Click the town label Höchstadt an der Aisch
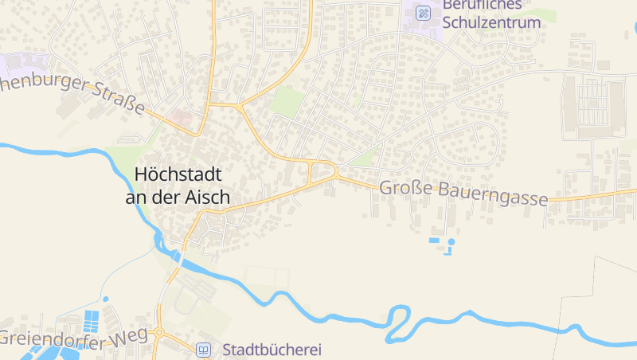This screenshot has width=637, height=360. [178, 185]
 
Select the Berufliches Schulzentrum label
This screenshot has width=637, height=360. [491, 14]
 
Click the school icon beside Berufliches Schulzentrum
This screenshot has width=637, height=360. [424, 13]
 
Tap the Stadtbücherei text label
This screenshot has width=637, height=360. [271, 349]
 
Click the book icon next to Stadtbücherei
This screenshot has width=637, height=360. [204, 349]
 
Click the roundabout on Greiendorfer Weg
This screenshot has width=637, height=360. [159, 332]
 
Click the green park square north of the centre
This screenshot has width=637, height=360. [287, 101]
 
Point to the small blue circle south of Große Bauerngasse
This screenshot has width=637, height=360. [451, 241]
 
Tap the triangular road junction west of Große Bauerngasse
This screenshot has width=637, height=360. [322, 169]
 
